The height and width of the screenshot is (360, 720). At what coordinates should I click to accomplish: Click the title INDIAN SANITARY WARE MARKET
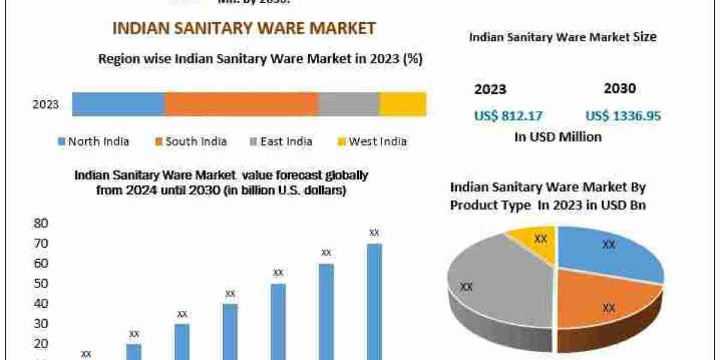point(244,28)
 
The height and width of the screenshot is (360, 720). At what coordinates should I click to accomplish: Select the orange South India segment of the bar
point(241,104)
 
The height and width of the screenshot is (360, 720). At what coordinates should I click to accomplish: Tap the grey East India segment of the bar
point(349,104)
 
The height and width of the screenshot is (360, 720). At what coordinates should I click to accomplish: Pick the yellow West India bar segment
point(403,104)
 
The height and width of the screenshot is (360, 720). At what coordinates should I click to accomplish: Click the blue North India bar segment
point(118,104)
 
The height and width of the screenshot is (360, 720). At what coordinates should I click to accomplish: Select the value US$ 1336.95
point(623,116)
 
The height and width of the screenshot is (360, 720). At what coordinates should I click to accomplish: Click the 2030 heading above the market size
point(619,89)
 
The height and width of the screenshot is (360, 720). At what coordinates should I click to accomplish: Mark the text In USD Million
point(558,137)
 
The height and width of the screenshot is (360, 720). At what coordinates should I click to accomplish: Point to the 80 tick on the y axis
point(40,223)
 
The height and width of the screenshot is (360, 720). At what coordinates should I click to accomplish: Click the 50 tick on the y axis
point(40,283)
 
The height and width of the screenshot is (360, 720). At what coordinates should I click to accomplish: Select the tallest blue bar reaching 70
point(374,300)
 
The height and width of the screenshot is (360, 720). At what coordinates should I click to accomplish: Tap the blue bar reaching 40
point(230,330)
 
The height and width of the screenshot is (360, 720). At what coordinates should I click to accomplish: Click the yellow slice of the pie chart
point(533,243)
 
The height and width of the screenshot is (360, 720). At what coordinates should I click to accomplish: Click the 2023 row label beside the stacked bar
point(46,104)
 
